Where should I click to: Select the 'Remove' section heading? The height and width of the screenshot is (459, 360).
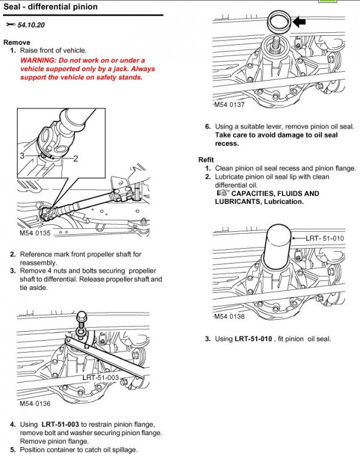coord(16,42)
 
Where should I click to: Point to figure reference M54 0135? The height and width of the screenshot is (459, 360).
coord(35,233)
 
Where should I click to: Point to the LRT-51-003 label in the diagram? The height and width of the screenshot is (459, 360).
coord(100,377)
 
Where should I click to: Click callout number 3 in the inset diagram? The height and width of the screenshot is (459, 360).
coord(21,155)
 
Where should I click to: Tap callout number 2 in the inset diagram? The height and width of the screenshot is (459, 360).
coord(76,158)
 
